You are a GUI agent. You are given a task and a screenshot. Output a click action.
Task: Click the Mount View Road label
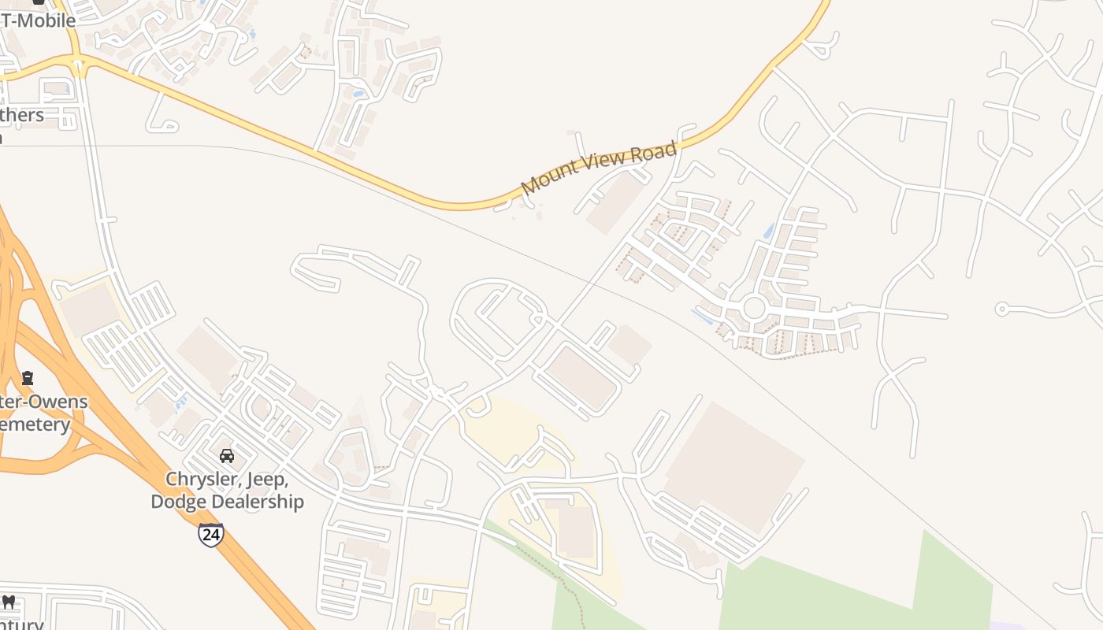599,167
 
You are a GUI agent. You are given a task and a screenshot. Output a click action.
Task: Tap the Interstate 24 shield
210,535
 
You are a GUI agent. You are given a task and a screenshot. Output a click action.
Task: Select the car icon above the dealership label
227,455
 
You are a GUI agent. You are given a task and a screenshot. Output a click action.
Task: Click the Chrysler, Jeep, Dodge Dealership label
227,491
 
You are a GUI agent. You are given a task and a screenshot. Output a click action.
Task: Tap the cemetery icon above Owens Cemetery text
28,378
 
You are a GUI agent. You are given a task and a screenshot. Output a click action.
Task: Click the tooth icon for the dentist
9,602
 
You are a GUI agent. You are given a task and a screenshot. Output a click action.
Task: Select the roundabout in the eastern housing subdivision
754,308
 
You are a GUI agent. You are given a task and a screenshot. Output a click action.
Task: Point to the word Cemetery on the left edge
35,425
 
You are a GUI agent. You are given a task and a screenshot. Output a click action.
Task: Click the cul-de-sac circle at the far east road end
1001,309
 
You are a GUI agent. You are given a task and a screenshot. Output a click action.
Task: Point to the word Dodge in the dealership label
175,502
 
